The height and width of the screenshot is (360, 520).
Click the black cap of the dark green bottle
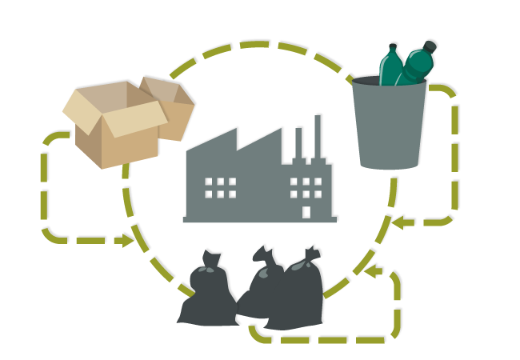pos(430,47)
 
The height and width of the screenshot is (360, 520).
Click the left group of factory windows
pos(220,187)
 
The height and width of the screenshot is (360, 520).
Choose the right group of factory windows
pos(306,187)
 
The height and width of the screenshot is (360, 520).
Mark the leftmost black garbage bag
pos(206,296)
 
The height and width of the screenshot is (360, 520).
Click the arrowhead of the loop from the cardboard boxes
pos(126,241)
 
